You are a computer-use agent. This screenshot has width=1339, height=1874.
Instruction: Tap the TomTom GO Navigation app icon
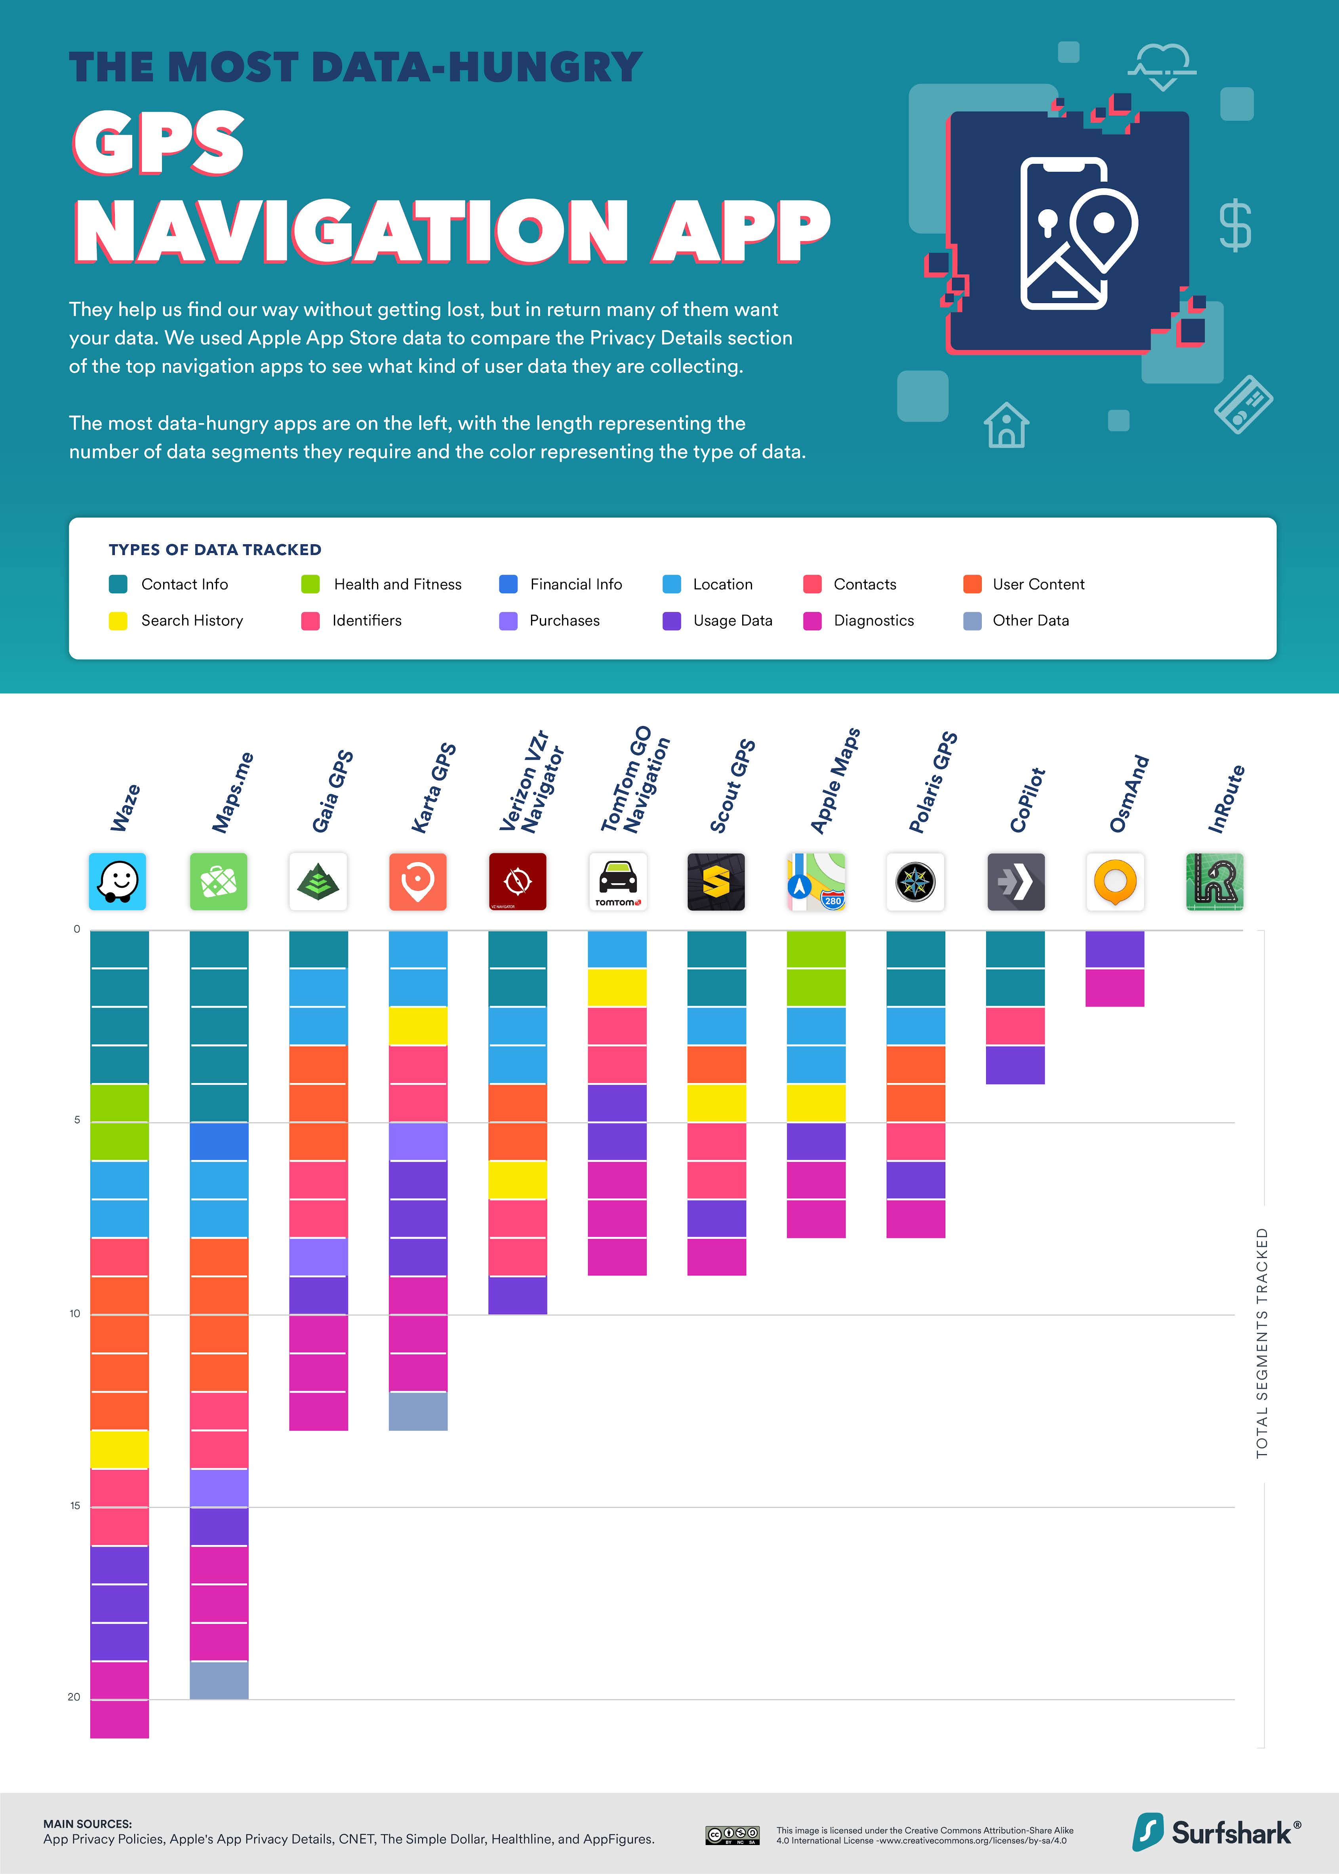point(617,881)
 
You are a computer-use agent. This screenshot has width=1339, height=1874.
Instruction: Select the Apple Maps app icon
point(816,881)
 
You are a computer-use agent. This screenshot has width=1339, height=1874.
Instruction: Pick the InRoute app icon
point(1215,881)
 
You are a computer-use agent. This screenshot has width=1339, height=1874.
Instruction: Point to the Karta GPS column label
point(434,787)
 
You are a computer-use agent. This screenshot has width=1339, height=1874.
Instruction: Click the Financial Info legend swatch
point(509,584)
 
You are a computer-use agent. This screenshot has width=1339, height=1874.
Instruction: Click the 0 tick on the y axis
point(77,929)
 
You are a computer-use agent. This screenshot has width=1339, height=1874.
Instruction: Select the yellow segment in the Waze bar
point(120,1449)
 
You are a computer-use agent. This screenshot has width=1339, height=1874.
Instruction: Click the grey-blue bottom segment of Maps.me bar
point(219,1680)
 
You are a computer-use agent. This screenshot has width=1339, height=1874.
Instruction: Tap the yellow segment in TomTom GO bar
point(617,987)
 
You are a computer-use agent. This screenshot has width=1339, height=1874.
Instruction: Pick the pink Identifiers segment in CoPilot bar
point(1016,1026)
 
